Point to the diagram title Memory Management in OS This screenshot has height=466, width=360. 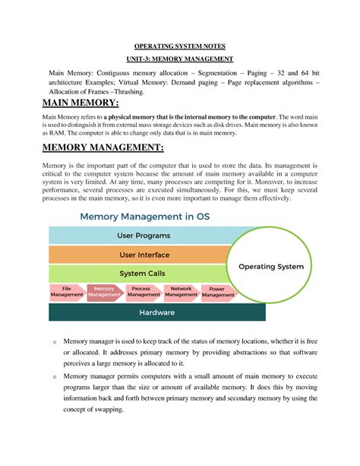click(144, 217)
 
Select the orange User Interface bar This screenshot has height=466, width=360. click(138, 255)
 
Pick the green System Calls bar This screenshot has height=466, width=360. click(138, 274)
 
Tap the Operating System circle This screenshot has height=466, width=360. click(270, 267)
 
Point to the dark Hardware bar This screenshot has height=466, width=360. click(156, 312)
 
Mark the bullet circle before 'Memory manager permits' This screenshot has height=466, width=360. click(54, 376)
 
